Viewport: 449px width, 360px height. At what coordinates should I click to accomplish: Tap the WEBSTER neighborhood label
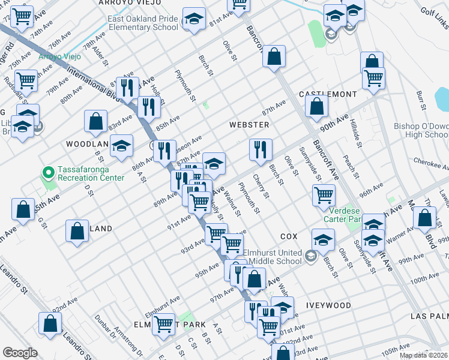coord(249,125)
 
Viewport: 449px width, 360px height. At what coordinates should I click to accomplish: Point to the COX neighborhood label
coord(289,237)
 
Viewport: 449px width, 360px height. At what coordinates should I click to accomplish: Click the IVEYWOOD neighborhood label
coord(328,305)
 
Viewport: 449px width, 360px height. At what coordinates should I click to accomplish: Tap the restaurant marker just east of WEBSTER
coord(261,150)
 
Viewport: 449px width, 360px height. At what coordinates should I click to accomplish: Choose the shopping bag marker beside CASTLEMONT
coord(317,106)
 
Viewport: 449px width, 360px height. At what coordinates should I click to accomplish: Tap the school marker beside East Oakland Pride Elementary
coord(194,19)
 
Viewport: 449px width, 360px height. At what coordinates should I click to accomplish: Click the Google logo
coord(20,353)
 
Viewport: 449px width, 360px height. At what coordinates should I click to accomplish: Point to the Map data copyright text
coord(424,356)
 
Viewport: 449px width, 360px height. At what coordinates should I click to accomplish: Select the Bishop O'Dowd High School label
coord(420,130)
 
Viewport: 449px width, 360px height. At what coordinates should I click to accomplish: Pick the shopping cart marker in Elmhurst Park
coord(163,325)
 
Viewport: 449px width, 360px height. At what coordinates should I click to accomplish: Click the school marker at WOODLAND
coord(122,146)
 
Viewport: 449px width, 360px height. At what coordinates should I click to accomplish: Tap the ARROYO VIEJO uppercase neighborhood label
coord(130,3)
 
